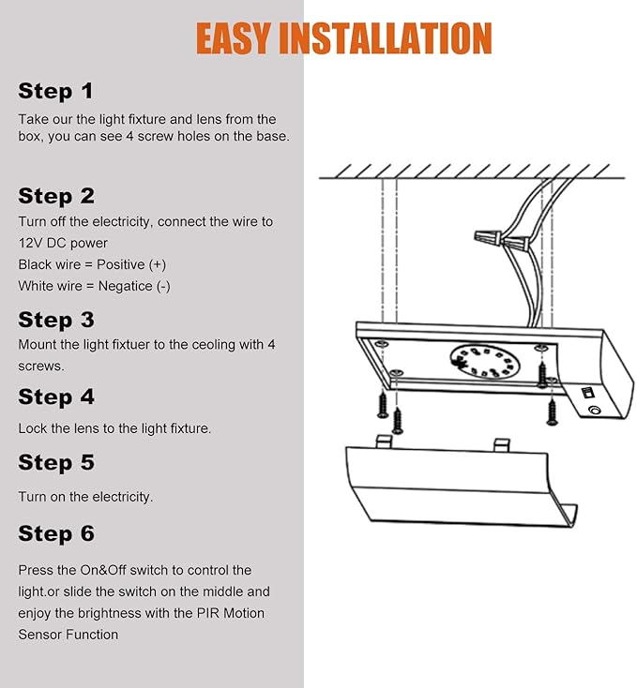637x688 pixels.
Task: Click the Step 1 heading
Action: pos(55,91)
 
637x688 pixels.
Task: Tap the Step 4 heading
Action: pos(56,396)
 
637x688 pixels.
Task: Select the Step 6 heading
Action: pos(56,533)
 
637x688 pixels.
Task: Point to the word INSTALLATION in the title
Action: pos(386,38)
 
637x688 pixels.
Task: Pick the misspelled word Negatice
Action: pos(125,286)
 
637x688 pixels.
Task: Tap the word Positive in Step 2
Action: pos(120,264)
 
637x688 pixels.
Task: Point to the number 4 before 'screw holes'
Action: pos(130,136)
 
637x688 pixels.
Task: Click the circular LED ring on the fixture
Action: pos(485,361)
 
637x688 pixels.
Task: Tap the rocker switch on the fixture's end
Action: pos(587,392)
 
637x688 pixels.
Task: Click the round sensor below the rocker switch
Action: pos(594,411)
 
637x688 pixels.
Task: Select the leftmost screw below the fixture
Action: pos(383,405)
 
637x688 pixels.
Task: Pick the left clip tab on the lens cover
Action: pos(384,441)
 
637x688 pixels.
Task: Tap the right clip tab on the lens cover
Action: pos(501,444)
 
